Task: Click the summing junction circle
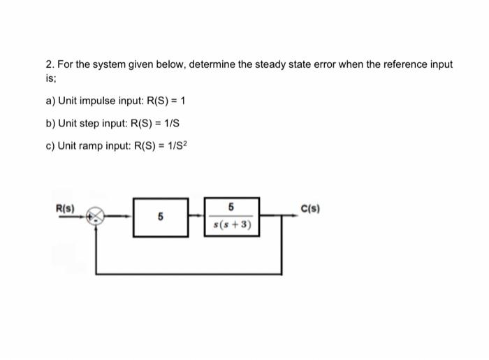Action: [x=96, y=217]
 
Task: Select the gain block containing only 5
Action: [x=160, y=217]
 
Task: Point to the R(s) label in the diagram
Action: [x=67, y=208]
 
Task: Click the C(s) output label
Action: [x=311, y=208]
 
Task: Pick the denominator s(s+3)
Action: [x=232, y=226]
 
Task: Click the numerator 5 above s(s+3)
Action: [x=231, y=207]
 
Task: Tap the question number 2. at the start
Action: [x=50, y=64]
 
